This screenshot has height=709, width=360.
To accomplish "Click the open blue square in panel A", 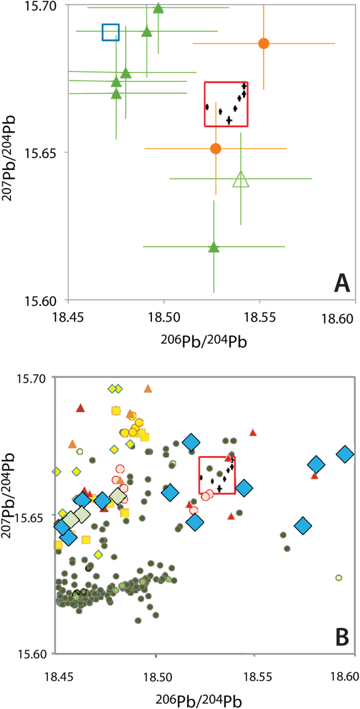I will point(110,32).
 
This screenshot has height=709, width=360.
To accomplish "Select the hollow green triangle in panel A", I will point(241,180).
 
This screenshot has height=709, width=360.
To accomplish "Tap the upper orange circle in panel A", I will point(264,44).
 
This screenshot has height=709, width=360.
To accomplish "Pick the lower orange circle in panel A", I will point(215,149).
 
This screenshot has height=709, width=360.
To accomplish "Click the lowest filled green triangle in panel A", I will point(213,247).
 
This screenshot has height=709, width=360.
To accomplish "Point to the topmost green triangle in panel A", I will point(158,8).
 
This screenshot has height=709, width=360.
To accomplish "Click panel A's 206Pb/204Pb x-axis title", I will point(202,340).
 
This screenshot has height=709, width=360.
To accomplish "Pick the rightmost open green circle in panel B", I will point(339,578).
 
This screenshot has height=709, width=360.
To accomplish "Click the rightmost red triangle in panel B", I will point(314,476).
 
